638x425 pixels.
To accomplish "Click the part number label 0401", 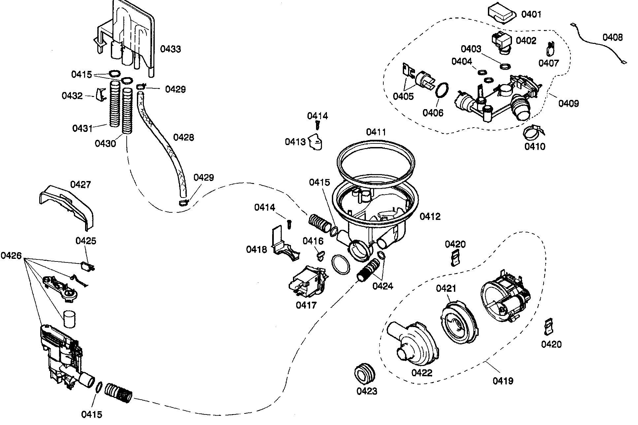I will pyautogui.click(x=531, y=14).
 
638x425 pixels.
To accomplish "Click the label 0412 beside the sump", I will pyautogui.click(x=430, y=217).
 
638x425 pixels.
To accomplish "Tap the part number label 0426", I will pyautogui.click(x=11, y=256).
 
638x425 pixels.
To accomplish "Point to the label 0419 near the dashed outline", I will pyautogui.click(x=503, y=381).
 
